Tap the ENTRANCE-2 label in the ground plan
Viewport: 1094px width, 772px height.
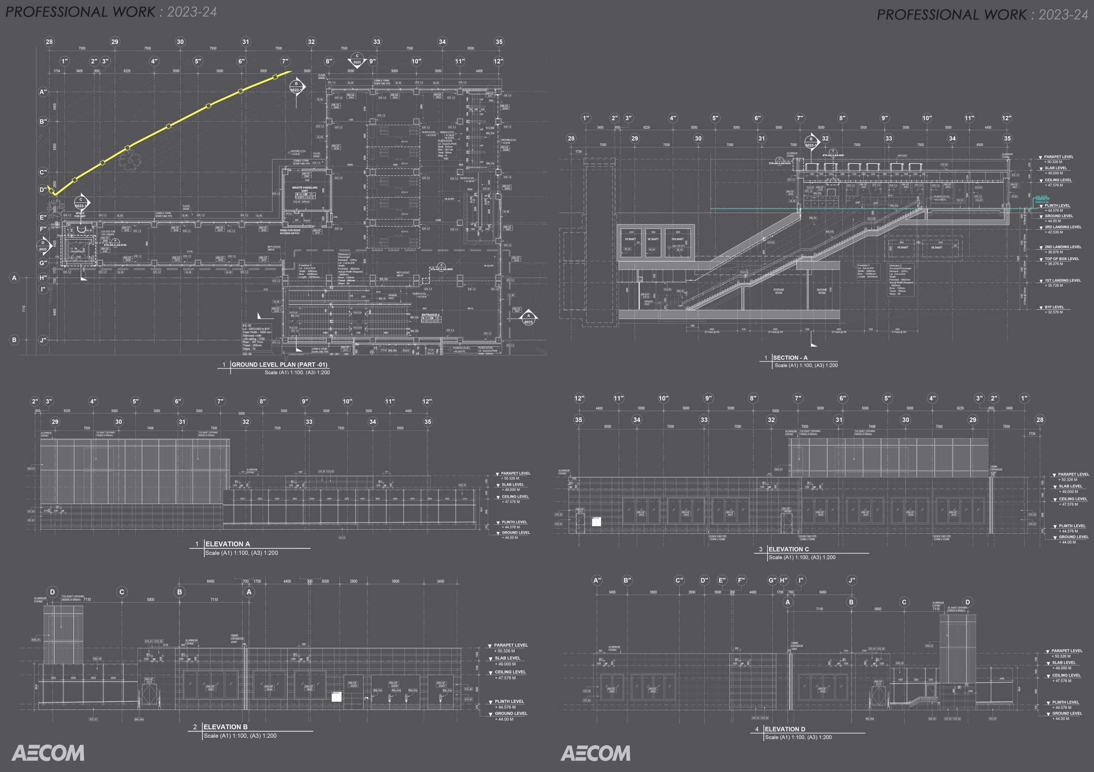(430, 315)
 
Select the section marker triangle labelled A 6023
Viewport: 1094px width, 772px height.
(528, 318)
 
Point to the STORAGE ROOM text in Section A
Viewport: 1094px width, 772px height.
(778, 291)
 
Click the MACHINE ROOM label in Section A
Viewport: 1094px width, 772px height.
(821, 291)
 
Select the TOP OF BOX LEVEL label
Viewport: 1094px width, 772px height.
(1062, 259)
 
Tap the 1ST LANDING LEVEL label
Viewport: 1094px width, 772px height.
(1063, 281)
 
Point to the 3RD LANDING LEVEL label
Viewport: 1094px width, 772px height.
(1063, 227)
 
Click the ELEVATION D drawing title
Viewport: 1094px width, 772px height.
(785, 729)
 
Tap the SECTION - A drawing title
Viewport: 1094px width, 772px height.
(790, 358)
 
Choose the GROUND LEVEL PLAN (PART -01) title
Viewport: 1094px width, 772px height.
(279, 365)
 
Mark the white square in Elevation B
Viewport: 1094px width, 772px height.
(336, 697)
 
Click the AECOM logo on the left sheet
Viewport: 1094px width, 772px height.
(48, 753)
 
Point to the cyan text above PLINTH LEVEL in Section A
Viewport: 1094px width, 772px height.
(1042, 199)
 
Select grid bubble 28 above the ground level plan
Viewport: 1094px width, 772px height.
(49, 42)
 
